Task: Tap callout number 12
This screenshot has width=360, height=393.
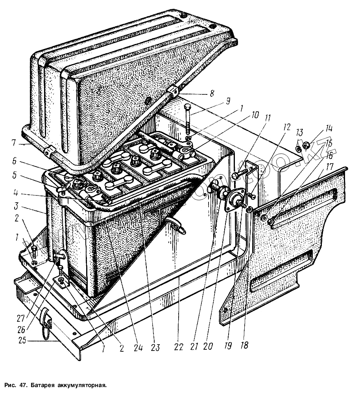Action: [287, 127]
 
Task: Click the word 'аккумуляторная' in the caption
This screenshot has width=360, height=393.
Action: [82, 384]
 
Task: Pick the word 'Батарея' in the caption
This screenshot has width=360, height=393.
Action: [42, 384]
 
